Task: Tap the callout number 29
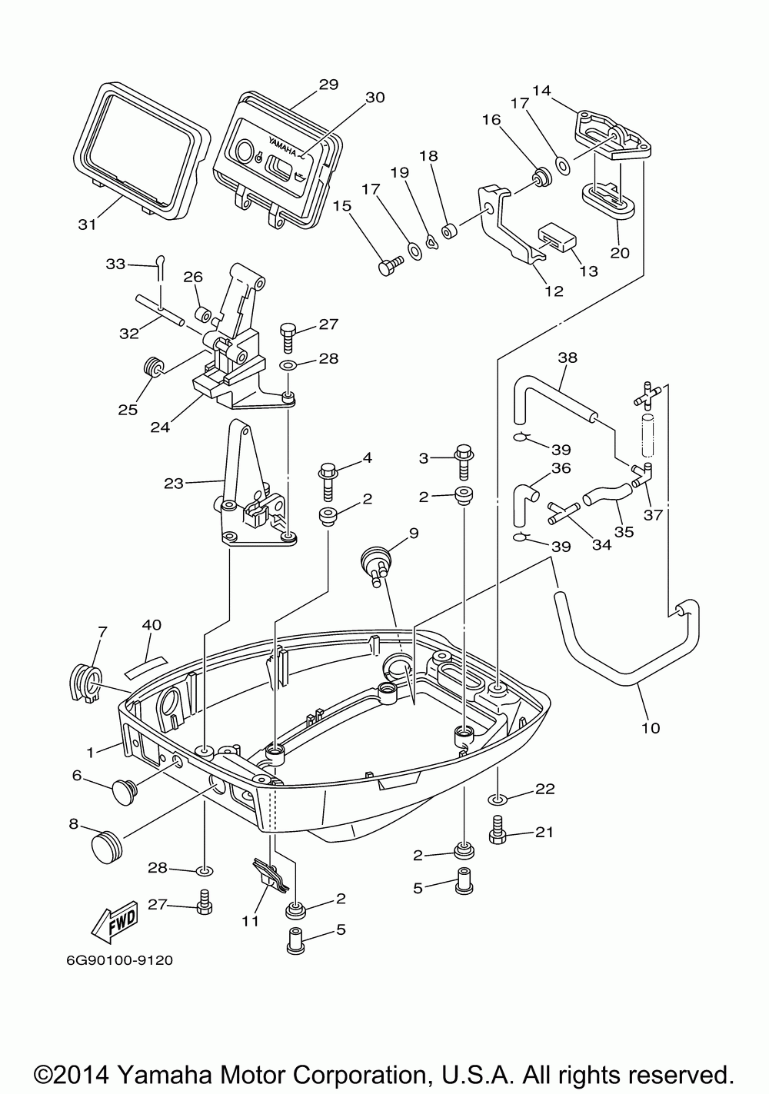click(329, 85)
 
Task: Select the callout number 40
click(151, 625)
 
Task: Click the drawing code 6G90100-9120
click(120, 961)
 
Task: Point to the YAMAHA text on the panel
click(282, 148)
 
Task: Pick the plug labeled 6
click(125, 792)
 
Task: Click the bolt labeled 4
click(328, 483)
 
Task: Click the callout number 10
click(651, 741)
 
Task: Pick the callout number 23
click(174, 484)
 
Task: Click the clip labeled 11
click(269, 874)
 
